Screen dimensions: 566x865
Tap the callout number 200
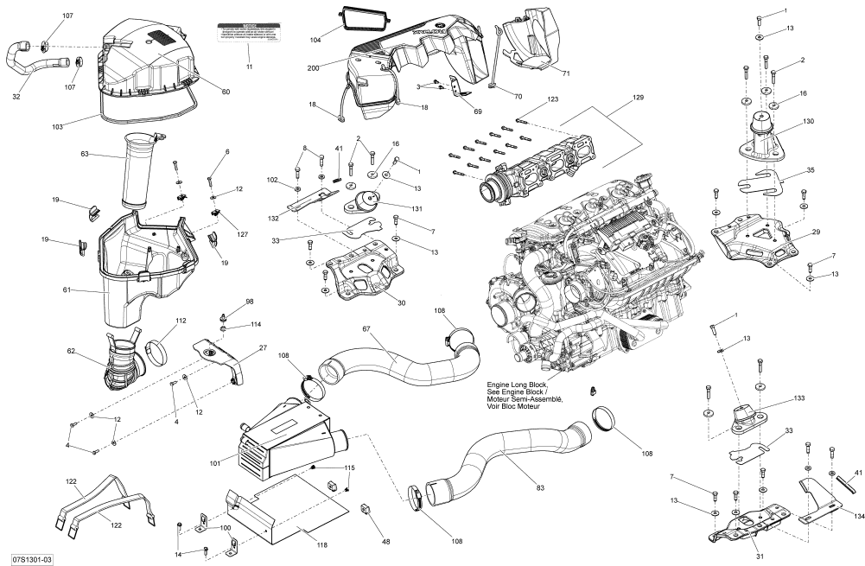point(313,67)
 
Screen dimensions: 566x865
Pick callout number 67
point(366,329)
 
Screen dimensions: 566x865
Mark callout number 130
point(808,122)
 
